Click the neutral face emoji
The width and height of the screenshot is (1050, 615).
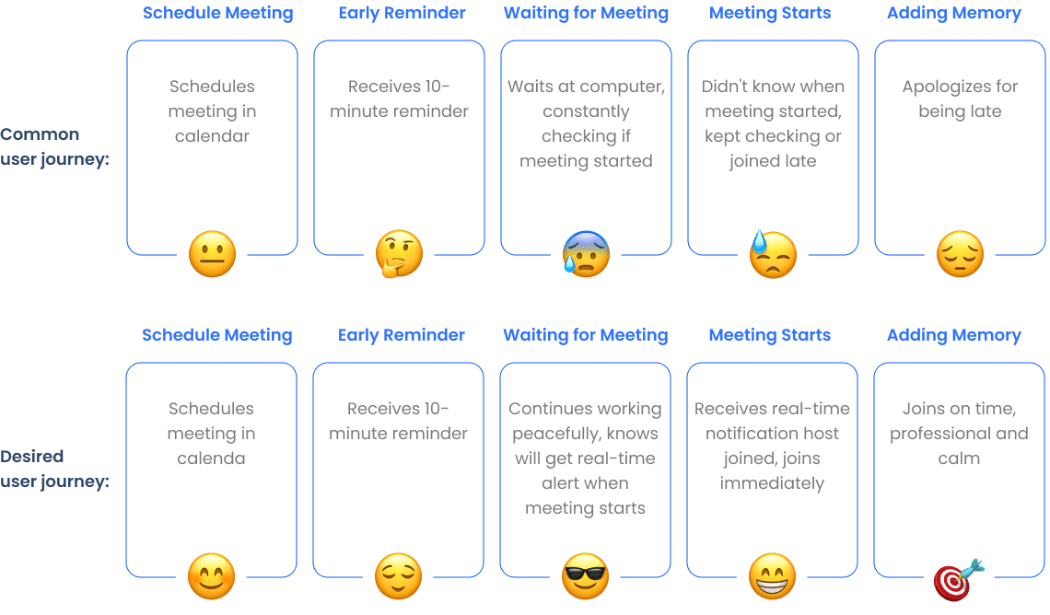pyautogui.click(x=212, y=255)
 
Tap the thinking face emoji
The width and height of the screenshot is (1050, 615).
pyautogui.click(x=399, y=255)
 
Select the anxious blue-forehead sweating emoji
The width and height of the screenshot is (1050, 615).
pyautogui.click(x=586, y=255)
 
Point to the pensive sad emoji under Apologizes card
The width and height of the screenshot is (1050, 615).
pyautogui.click(x=960, y=255)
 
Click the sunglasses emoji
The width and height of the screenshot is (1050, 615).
pyautogui.click(x=585, y=577)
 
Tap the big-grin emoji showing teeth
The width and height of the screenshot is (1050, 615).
pyautogui.click(x=772, y=577)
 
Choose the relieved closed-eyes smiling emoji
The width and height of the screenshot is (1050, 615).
pyautogui.click(x=398, y=577)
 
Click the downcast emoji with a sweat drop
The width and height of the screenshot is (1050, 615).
pyautogui.click(x=772, y=255)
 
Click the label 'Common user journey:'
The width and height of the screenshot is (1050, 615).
pyautogui.click(x=54, y=146)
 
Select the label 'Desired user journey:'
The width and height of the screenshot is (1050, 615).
pyautogui.click(x=54, y=469)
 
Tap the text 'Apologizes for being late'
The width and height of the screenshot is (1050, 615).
pyautogui.click(x=959, y=99)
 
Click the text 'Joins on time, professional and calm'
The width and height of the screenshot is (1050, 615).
pyautogui.click(x=958, y=434)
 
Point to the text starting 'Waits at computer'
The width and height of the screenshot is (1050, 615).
pyautogui.click(x=586, y=124)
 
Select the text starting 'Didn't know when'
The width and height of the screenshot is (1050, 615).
pyautogui.click(x=773, y=124)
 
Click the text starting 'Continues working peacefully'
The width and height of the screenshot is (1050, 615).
pyautogui.click(x=585, y=458)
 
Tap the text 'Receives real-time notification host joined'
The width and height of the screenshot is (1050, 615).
pyautogui.click(x=772, y=447)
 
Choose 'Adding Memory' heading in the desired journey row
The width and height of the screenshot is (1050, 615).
pyautogui.click(x=954, y=335)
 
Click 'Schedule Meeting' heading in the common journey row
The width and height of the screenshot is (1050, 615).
pyautogui.click(x=217, y=13)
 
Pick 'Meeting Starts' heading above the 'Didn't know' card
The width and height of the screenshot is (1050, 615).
pyautogui.click(x=770, y=13)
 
